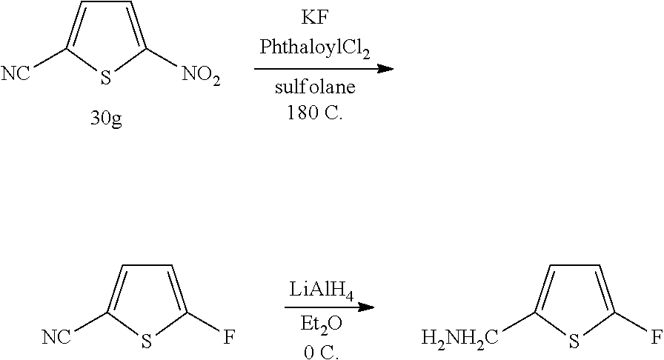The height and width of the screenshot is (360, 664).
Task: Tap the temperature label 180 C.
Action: tap(316, 115)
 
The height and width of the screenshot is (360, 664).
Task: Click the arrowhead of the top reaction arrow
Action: tap(385, 68)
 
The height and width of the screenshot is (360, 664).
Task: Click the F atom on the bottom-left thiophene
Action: tap(229, 339)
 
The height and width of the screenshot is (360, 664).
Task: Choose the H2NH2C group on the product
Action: tap(455, 339)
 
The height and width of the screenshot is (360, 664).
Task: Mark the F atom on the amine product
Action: tap(655, 339)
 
